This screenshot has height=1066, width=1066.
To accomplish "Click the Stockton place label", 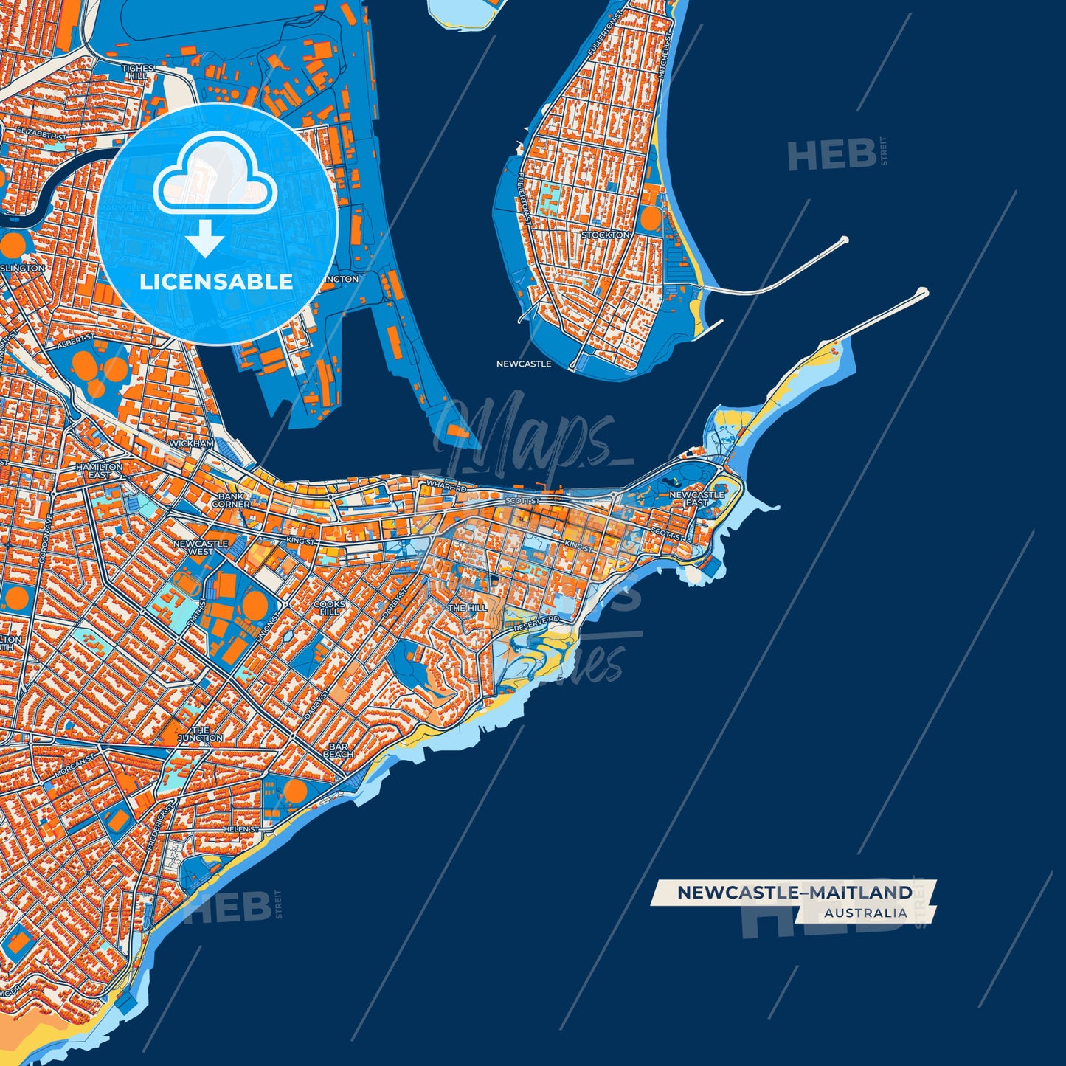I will tap(606, 235).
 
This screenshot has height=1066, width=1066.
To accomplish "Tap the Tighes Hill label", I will tap(137, 72).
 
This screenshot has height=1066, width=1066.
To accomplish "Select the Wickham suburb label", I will tap(191, 443).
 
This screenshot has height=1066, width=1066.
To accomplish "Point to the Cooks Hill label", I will tap(329, 607).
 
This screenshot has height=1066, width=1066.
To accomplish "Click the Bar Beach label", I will tap(338, 750).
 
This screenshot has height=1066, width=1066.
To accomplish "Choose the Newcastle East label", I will tap(696, 498).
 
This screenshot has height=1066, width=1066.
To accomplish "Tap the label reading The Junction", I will tap(199, 733).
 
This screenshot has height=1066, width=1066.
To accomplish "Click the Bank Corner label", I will tap(231, 500).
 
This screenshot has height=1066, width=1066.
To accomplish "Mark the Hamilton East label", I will tap(100, 471).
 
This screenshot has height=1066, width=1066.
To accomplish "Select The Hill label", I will tap(468, 608).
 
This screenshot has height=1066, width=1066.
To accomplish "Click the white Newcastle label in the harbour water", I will tap(523, 364).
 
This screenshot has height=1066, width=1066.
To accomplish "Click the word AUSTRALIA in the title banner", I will tap(865, 913).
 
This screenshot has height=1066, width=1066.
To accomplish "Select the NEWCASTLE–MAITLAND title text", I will tap(795, 892).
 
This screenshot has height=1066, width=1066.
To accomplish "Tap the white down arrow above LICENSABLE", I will tap(205, 240).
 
